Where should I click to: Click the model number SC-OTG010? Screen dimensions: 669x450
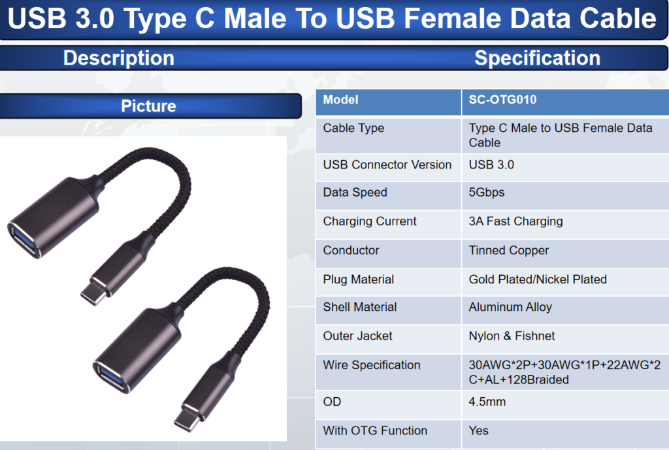pyautogui.click(x=502, y=100)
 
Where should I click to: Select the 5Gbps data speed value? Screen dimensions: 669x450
pyautogui.click(x=486, y=193)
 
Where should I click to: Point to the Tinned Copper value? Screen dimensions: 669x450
pyautogui.click(x=508, y=250)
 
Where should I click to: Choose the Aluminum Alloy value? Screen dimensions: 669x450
pyautogui.click(x=510, y=307)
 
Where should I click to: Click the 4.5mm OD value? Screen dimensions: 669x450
pyautogui.click(x=487, y=402)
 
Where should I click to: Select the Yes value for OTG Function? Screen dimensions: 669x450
pyautogui.click(x=478, y=431)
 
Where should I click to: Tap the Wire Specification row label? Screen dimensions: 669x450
pyautogui.click(x=372, y=365)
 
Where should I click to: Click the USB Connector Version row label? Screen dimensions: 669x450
pyautogui.click(x=387, y=165)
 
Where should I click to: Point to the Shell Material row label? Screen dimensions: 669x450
pyautogui.click(x=360, y=307)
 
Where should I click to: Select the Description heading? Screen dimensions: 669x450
pyautogui.click(x=119, y=58)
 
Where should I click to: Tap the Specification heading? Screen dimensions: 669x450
pyautogui.click(x=537, y=58)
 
